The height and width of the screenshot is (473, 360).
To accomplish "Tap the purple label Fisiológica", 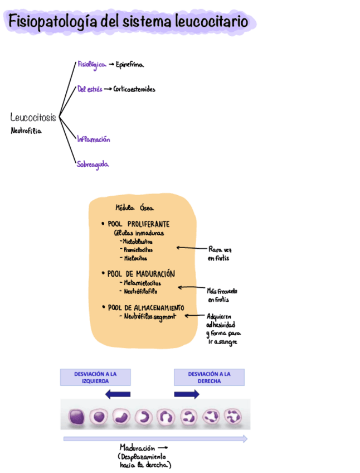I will tap(91, 65).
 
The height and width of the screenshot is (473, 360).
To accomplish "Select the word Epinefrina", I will tap(130, 65).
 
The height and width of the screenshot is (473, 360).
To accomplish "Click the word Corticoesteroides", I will tap(134, 89).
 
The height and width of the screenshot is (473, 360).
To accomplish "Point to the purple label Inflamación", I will tap(93, 139).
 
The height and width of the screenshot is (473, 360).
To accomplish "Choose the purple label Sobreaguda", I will tap(93, 165).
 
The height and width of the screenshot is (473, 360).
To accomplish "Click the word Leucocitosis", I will tap(33, 118).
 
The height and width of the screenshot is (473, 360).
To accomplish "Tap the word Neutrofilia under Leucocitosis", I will tap(26, 131).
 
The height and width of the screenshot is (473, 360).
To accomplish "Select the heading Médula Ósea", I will tap(130, 207).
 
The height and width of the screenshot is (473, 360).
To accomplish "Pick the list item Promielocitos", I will tap(138, 250).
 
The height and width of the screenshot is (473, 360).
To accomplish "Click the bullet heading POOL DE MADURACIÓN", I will tap(141, 274).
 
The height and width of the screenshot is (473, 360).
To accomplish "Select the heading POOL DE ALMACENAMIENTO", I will tap(146, 307).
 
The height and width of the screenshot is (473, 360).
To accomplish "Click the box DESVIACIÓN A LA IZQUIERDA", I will tap(95, 378).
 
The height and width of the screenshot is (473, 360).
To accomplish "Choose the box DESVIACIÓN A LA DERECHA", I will tap(209, 378).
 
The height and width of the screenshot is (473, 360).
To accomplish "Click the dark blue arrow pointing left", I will tap(118, 394).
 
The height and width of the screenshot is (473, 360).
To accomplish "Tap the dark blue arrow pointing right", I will tap(187, 394).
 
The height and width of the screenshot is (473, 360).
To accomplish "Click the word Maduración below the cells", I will tap(137, 447).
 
